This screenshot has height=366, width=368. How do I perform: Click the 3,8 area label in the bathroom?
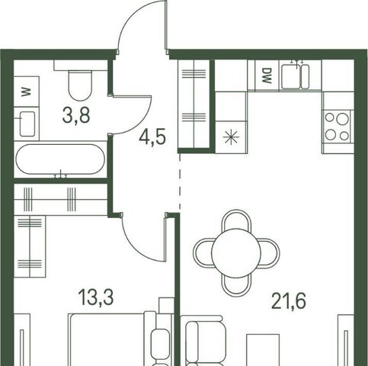(76, 115)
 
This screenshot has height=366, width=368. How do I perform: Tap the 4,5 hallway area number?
(152, 136)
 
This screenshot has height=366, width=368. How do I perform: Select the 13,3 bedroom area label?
(96, 297)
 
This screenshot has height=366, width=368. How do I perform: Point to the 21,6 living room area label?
(289, 301)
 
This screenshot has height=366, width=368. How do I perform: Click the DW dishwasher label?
(266, 75)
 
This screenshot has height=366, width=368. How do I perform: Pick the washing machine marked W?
(27, 91)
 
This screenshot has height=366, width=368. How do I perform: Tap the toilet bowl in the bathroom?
(80, 85)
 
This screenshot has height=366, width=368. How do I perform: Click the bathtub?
(60, 159)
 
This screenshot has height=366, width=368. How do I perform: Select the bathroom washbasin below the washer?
(27, 124)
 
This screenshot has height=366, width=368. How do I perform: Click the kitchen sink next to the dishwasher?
(296, 76)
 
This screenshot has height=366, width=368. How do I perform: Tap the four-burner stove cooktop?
(338, 127)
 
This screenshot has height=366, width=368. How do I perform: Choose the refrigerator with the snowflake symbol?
(231, 137)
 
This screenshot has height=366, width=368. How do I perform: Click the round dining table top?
(236, 252)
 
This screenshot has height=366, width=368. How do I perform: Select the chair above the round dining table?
(236, 219)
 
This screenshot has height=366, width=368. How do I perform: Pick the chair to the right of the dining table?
(270, 253)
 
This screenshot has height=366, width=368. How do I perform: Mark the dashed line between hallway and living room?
(180, 181)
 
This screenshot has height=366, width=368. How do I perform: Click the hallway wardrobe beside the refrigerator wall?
(194, 104)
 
